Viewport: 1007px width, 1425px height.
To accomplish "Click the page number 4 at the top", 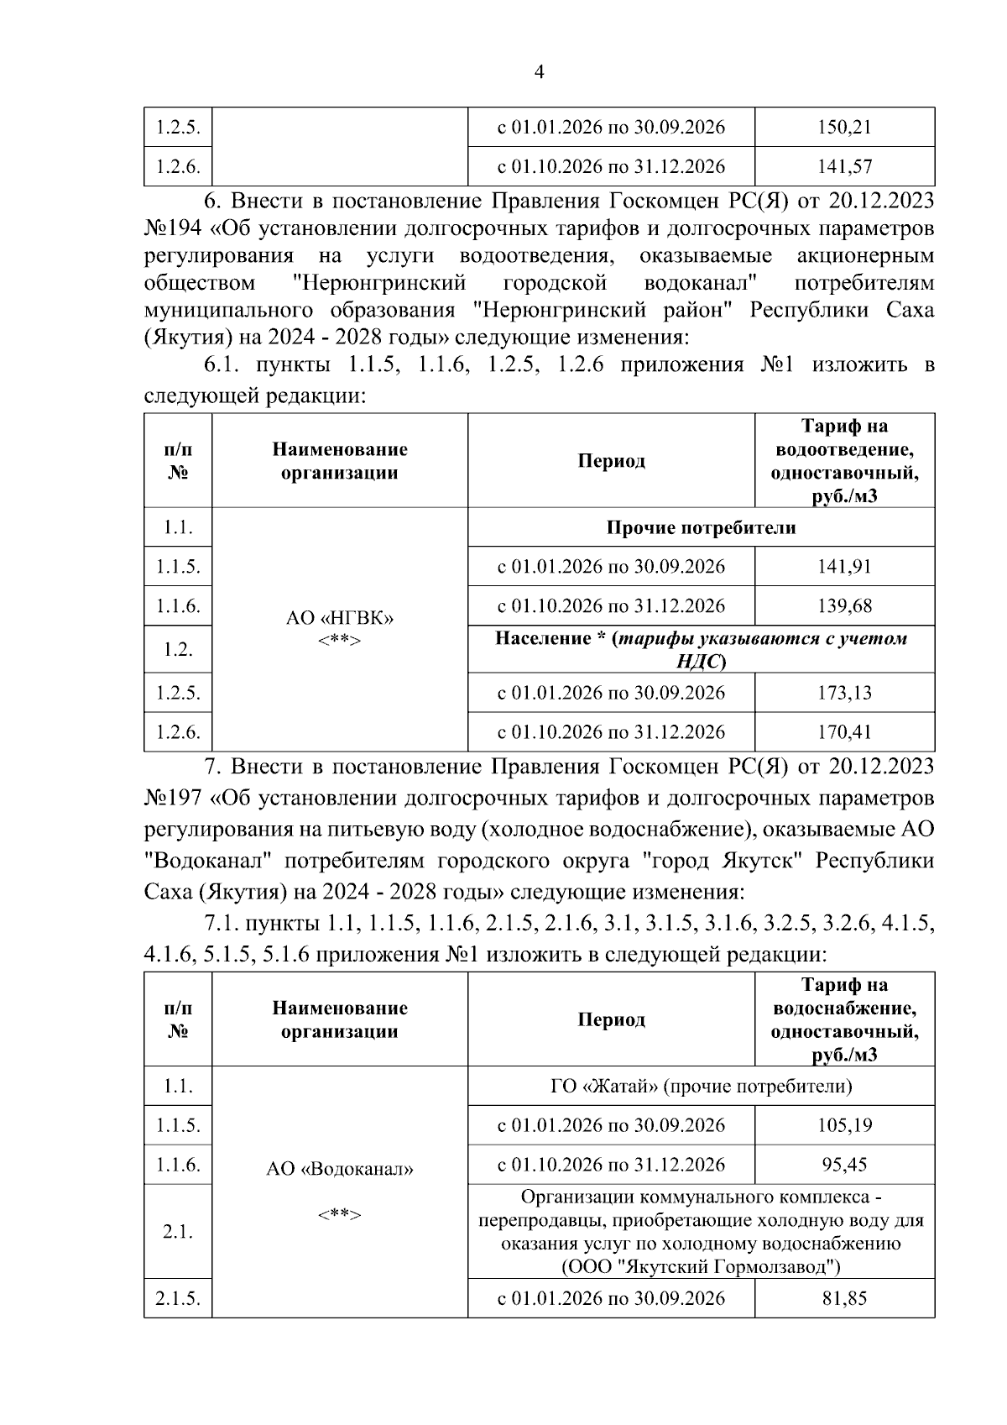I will (540, 72).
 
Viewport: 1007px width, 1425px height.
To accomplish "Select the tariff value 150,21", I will (844, 128).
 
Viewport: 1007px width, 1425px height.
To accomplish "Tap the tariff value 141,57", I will (844, 166).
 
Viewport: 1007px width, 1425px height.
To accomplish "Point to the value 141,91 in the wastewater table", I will (844, 567).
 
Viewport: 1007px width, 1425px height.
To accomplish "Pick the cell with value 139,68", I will (844, 605).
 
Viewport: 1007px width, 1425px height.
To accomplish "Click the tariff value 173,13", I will (844, 693).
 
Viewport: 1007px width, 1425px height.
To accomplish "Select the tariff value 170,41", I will (844, 732).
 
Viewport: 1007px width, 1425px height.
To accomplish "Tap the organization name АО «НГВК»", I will (340, 618).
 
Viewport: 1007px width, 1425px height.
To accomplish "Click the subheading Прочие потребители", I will (701, 527).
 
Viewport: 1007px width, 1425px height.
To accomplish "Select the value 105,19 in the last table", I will (844, 1125).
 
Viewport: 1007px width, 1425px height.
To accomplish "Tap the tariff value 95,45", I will (844, 1165).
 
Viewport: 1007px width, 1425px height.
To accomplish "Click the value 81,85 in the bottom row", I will (844, 1298).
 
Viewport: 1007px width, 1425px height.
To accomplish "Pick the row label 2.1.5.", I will (177, 1298).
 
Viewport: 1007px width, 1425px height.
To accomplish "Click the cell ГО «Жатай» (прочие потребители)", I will (701, 1087).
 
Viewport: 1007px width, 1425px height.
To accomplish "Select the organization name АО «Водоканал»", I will (340, 1169).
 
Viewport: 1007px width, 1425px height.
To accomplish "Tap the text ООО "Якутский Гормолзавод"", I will (701, 1265).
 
